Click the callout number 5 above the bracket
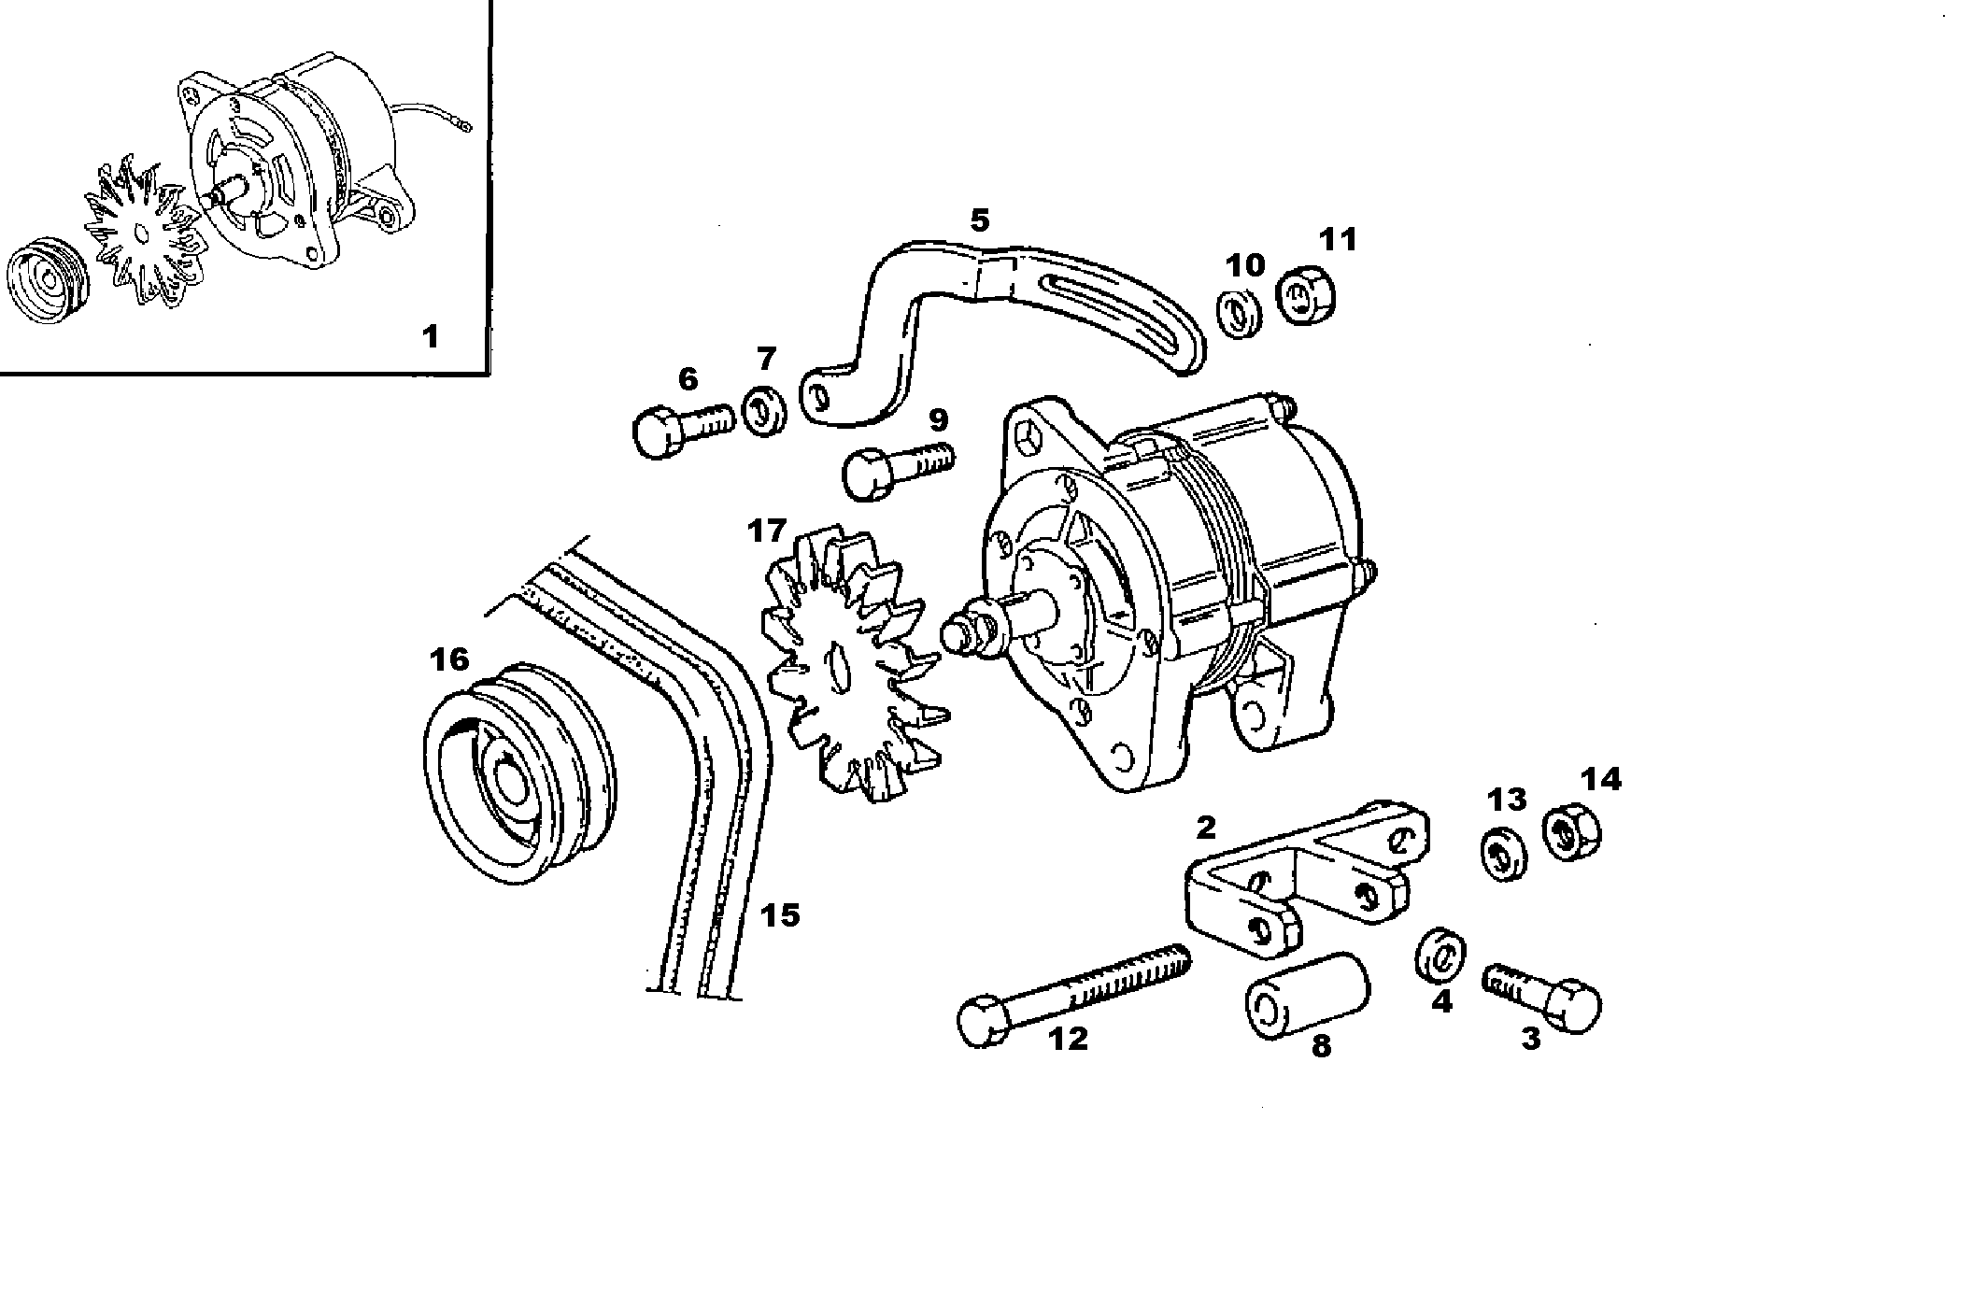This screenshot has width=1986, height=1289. point(978,221)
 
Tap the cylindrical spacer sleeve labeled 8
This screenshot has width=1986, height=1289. point(1307,995)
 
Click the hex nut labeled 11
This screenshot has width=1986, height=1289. point(1305,296)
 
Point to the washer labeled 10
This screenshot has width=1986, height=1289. point(1240,314)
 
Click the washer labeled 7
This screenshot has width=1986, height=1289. point(763,409)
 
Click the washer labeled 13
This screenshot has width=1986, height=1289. point(1504,852)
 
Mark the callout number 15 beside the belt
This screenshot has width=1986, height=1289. point(779,914)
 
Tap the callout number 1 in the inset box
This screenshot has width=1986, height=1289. point(430,335)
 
